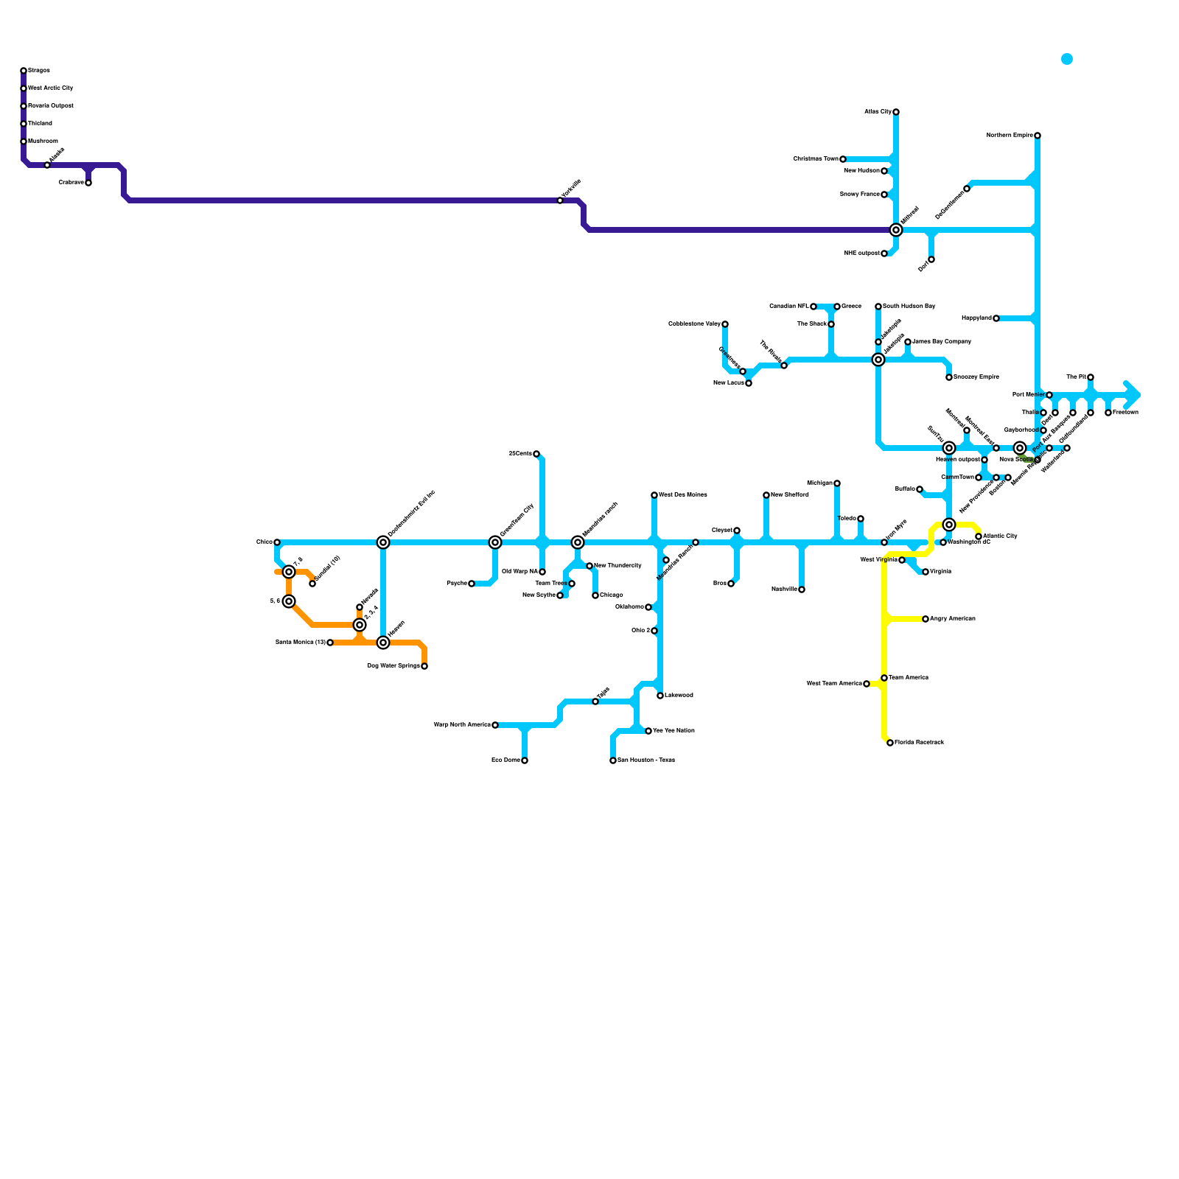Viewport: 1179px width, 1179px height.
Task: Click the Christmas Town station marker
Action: [843, 159]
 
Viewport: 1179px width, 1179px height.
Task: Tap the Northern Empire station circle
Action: [1038, 136]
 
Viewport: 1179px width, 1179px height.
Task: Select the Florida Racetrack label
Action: [920, 743]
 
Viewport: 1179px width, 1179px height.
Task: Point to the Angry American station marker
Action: [926, 619]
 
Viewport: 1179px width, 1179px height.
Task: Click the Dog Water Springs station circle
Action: [424, 666]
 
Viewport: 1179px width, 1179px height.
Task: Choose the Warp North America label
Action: [462, 725]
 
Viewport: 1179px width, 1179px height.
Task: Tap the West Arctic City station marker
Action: [24, 88]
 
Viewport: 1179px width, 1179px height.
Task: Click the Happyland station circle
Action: [996, 318]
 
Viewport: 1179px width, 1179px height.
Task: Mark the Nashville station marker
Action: [802, 589]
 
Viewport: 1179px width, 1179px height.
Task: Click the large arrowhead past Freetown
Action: [1133, 395]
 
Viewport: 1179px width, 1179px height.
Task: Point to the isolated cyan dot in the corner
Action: [1067, 59]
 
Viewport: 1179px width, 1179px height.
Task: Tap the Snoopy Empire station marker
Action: [949, 377]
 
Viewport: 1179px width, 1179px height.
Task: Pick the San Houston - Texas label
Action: [646, 760]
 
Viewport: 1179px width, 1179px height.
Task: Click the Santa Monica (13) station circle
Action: [330, 643]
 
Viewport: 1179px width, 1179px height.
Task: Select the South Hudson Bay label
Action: [909, 307]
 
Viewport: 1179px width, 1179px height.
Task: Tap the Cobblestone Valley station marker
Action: [725, 324]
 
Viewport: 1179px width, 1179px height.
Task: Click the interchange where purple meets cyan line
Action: [896, 230]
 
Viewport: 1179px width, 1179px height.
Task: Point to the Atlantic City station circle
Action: [979, 536]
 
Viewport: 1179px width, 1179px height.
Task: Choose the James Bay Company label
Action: [942, 342]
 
